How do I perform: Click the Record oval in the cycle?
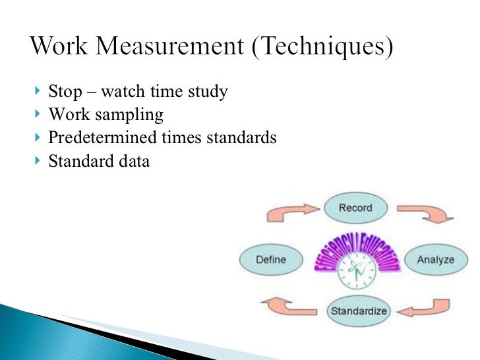[x=355, y=208]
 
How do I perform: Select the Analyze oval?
[x=435, y=259]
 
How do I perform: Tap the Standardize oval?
[x=359, y=311]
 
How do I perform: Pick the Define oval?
[x=270, y=259]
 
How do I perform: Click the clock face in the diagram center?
[x=355, y=271]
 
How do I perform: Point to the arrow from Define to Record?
[x=288, y=212]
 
